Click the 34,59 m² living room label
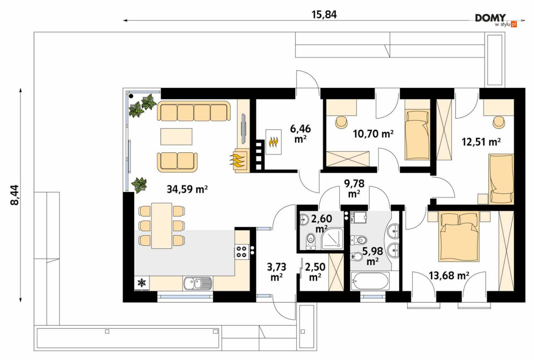[x=187, y=189]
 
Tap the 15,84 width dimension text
[x=324, y=14]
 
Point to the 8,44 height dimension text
[x=16, y=195]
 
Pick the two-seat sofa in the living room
[x=177, y=161]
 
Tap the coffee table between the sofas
[x=177, y=136]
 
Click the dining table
[x=162, y=225]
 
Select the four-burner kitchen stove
[x=242, y=251]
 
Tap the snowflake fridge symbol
[x=142, y=282]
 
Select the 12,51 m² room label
[x=481, y=141]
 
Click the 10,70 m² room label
[x=374, y=134]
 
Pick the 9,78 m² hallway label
[x=354, y=189]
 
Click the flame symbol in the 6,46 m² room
[x=274, y=142]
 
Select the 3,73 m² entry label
[x=276, y=271]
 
